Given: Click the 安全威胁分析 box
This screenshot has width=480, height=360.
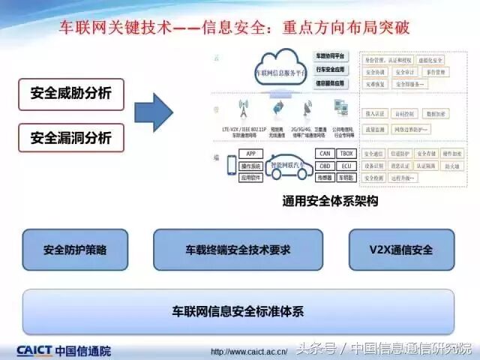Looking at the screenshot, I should click(70, 94).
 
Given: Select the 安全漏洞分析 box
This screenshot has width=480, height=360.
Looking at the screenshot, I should click(70, 138).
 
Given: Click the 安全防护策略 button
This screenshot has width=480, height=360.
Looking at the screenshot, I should click(75, 250).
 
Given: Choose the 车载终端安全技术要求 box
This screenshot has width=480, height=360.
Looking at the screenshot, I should click(238, 250).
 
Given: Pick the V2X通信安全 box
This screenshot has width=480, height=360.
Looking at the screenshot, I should click(401, 250).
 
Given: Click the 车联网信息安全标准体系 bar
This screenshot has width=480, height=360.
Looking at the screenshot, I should click(238, 310).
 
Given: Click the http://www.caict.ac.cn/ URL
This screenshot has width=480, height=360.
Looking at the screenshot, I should click(248, 351).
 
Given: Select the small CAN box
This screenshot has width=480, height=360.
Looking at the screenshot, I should click(324, 154).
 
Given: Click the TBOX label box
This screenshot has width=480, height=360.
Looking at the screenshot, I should click(345, 154).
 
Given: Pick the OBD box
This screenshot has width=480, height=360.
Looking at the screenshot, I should click(324, 166).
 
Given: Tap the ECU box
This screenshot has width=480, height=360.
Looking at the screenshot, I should click(345, 166).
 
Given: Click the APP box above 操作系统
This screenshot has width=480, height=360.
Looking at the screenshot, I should click(250, 154).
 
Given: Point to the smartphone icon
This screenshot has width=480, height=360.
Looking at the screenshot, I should click(230, 167).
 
